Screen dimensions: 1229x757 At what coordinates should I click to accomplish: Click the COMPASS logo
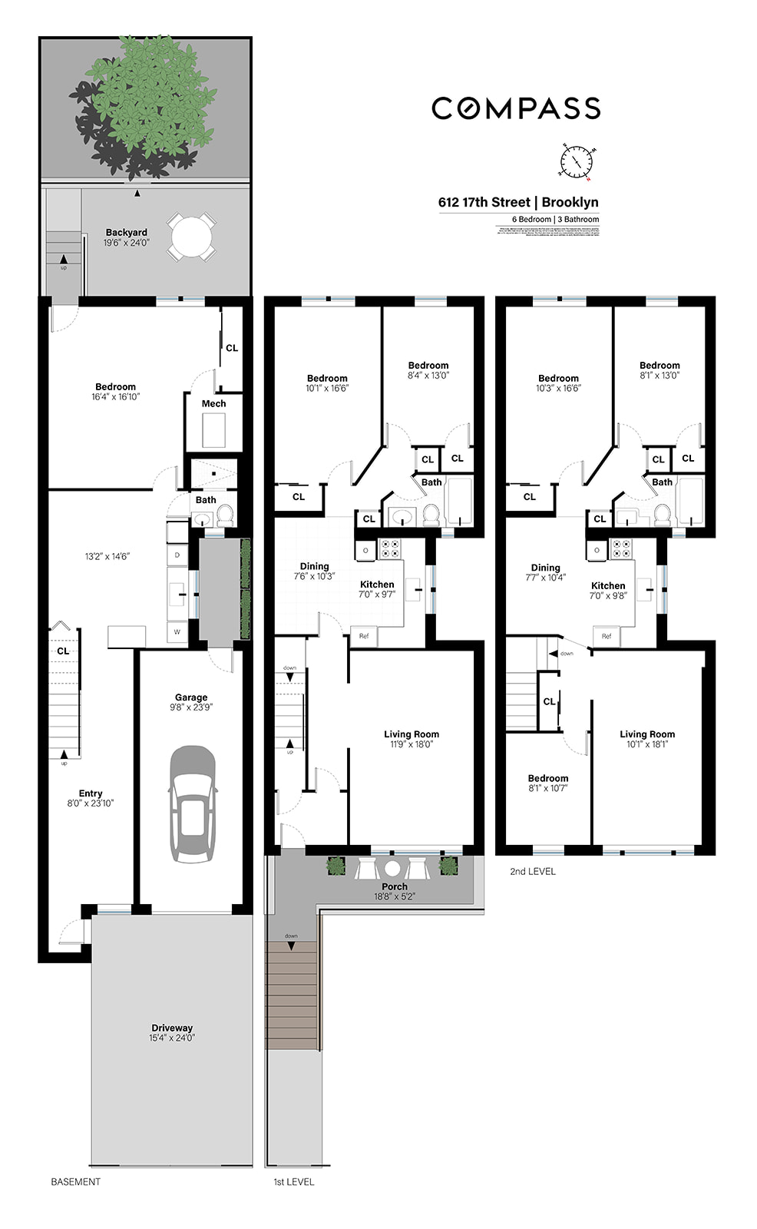[515, 108]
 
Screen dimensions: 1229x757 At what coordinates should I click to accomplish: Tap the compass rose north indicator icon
[576, 162]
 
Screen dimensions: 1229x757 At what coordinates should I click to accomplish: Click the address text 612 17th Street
[484, 203]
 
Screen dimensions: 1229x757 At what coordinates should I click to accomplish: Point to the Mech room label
[213, 404]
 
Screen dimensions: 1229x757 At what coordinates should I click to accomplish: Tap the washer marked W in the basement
[177, 632]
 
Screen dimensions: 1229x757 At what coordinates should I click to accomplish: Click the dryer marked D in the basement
[177, 555]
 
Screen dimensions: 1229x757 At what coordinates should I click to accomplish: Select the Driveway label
[172, 1029]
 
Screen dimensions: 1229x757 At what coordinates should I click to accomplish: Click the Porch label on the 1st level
[395, 887]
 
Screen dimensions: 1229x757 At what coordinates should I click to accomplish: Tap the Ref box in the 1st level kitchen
[364, 636]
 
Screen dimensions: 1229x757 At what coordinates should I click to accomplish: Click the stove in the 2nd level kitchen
[620, 549]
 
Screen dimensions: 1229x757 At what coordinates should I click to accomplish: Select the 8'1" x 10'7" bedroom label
[548, 783]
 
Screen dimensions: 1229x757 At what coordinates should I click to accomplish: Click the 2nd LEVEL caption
[533, 872]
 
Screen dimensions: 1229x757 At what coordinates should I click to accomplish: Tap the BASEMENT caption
[75, 1182]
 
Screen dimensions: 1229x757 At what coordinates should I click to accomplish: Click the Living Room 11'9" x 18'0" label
[412, 739]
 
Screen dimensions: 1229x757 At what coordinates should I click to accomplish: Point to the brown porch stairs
[292, 995]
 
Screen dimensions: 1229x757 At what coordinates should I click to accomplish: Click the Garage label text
[191, 697]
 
